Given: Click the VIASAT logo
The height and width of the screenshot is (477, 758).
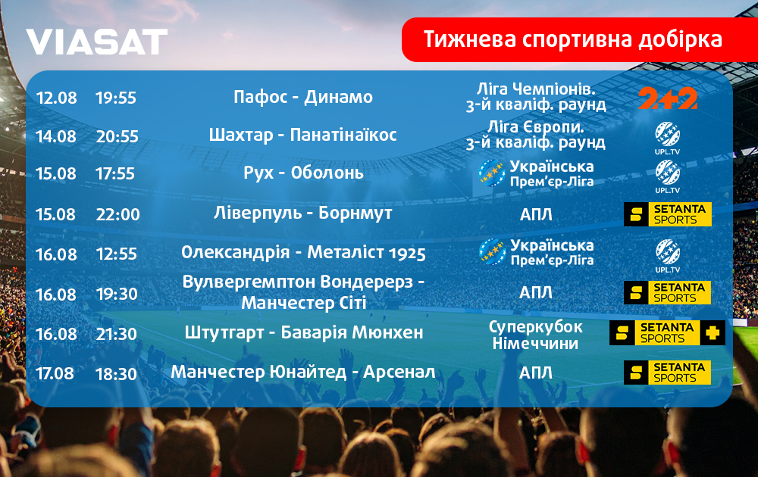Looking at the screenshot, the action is pos(97,42).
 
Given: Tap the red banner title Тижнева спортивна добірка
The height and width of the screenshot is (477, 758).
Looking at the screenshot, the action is pos(573,39).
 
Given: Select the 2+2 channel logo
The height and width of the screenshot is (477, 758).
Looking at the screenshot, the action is pos(668,98).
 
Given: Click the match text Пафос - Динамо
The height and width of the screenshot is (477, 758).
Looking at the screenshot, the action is pos(303,97).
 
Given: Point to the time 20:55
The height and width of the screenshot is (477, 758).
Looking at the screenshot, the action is pos(117,136).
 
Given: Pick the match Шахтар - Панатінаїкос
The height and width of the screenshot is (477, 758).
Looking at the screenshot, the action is pos(302,135).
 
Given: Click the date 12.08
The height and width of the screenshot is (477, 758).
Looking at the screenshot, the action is pos(57,98).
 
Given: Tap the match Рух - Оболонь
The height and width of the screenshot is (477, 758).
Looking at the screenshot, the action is pos(303,173).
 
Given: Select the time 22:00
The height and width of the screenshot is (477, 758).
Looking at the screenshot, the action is pos(117,214).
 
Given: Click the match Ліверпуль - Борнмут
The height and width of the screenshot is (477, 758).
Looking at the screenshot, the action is pos(303,213).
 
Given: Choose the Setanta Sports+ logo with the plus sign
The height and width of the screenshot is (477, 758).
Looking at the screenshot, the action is pos(667,332).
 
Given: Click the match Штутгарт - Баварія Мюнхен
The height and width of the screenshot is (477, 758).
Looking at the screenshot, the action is pos(304,332).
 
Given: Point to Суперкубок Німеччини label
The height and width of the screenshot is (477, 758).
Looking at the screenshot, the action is pos(536,335).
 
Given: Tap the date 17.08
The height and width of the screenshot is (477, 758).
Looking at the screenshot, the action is pos(55,374).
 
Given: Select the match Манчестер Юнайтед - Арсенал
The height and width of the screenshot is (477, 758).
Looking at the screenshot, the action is pos(303,373).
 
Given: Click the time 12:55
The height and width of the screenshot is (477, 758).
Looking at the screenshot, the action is pos(117,254).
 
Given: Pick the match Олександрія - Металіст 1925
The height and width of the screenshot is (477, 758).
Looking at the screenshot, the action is pos(304,252).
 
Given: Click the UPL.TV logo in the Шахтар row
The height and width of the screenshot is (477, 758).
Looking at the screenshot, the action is pos(668,139).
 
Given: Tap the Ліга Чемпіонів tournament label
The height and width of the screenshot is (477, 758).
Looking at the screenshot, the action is pos(536,89).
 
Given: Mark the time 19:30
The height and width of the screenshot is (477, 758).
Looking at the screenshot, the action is pos(117,294).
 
